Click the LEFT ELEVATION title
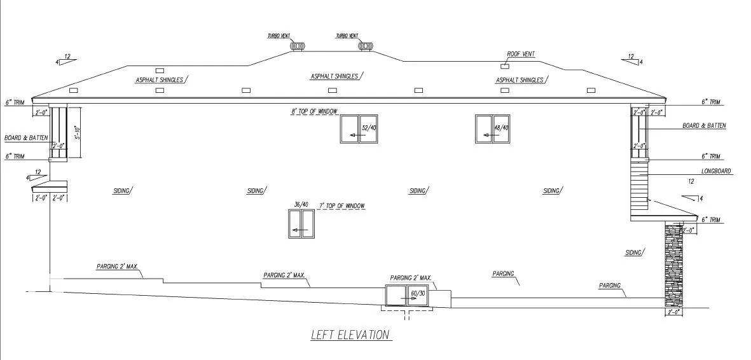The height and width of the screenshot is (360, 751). pos(350,335)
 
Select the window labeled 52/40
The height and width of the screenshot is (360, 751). pos(359,129)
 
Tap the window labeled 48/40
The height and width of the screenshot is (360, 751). pos(492,129)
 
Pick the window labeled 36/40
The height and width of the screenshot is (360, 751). pos(301,223)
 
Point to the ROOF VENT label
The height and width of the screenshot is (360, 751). pos(520,55)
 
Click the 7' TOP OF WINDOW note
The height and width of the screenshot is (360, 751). pos(341,206)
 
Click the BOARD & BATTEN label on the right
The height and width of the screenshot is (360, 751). pos(704,126)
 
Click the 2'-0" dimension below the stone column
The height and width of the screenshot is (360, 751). pos(673,313)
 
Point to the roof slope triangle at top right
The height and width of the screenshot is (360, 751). pos(632,61)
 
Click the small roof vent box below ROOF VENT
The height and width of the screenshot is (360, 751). pos(505,66)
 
